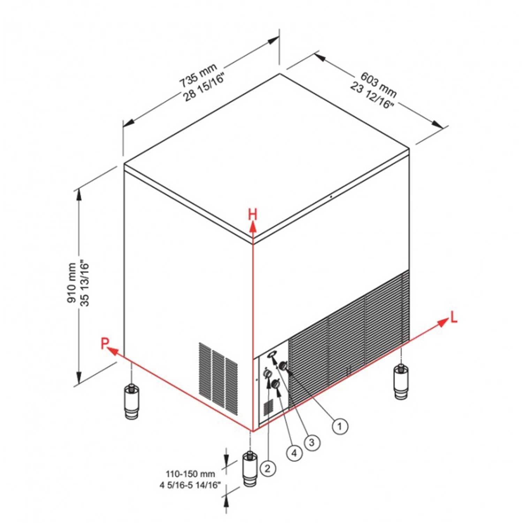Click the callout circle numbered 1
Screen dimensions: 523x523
click(x=340, y=426)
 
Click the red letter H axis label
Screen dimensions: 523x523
click(x=252, y=215)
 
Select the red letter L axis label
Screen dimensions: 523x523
click(x=454, y=317)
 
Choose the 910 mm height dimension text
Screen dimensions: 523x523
click(x=72, y=283)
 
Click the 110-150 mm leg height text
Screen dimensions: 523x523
click(x=190, y=474)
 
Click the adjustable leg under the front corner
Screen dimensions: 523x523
click(x=250, y=470)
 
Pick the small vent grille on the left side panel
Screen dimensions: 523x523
click(x=218, y=378)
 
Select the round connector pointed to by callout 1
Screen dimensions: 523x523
click(x=283, y=366)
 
